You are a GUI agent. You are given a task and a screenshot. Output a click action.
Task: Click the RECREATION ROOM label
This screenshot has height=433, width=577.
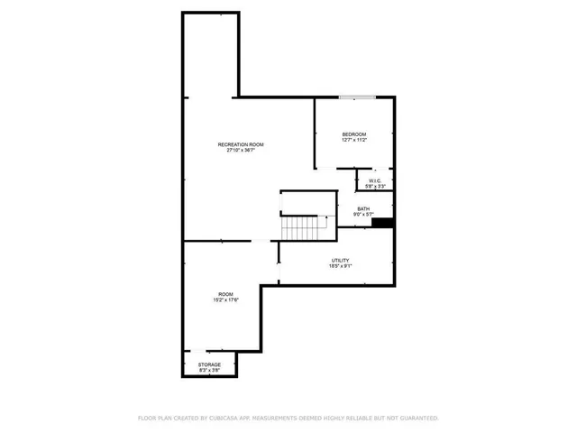coord(241,144)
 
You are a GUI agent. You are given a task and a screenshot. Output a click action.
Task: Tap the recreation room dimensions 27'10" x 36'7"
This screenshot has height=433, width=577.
coord(241,151)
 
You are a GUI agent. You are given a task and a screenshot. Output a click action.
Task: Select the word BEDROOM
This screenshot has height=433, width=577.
coord(354,134)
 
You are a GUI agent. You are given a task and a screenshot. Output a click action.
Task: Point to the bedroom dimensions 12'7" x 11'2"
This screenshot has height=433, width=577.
coord(354,141)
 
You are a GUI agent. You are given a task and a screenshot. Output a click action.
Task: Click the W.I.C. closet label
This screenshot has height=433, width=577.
coord(376,180)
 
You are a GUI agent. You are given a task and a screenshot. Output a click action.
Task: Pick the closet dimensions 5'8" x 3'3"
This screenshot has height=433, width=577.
coord(376,187)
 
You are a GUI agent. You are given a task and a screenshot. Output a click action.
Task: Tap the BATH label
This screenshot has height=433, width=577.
coord(363,208)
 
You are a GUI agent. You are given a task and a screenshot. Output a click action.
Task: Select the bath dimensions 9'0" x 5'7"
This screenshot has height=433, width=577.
coord(363,215)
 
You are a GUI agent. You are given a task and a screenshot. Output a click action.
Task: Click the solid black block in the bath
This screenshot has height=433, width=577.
coord(383,223)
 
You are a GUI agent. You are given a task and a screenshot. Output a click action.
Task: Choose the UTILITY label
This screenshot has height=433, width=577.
coord(340,260)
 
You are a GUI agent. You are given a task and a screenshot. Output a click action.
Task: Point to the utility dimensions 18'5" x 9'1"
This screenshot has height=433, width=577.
coord(340,266)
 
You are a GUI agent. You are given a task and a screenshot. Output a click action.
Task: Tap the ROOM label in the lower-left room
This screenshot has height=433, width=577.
coord(224,294)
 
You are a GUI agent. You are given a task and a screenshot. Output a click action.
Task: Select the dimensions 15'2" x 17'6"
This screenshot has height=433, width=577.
coord(224,300)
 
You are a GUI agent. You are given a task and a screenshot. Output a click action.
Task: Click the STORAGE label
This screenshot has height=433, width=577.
coord(209,364)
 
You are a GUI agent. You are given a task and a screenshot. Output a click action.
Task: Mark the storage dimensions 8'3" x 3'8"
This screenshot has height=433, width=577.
coord(209,371)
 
